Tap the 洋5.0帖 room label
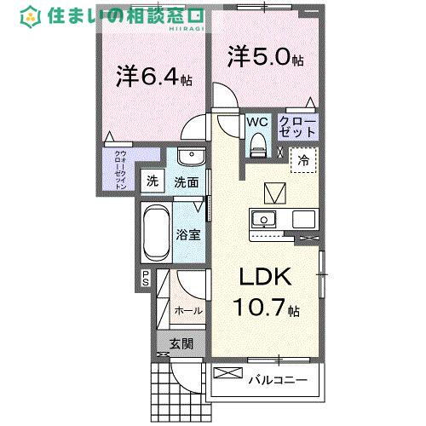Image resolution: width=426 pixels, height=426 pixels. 265,58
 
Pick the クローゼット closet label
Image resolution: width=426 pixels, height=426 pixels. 298,128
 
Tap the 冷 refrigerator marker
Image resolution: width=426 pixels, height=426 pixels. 303,159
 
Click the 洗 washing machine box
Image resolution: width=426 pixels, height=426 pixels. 153,181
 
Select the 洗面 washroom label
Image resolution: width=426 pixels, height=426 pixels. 187,181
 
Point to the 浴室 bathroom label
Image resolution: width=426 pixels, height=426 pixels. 188,233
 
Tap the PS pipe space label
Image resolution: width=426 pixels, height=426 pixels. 146,278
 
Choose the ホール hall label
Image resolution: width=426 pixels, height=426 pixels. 187,310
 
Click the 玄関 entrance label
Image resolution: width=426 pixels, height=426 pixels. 181,344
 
